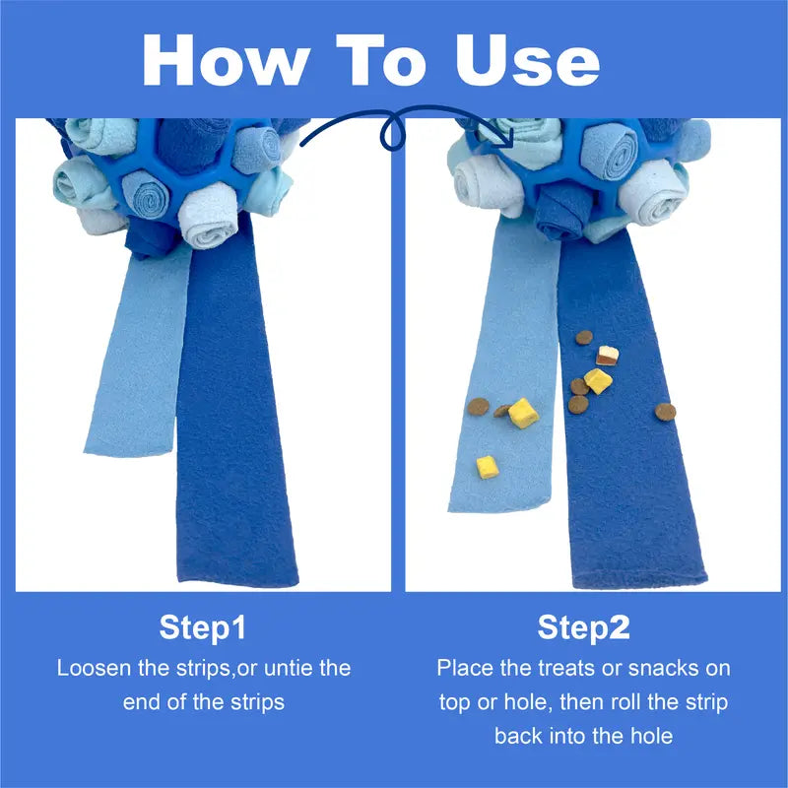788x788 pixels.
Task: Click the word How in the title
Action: coord(225,60)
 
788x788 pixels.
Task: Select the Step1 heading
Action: coord(203,627)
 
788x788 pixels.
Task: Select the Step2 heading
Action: coord(583,627)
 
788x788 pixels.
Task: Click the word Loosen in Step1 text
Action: coord(96,668)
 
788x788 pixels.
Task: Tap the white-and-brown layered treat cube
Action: coord(607,356)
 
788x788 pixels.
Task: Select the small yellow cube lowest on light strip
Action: coord(487,466)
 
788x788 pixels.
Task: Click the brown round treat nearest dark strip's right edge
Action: coord(666,411)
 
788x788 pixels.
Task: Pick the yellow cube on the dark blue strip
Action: coord(597,380)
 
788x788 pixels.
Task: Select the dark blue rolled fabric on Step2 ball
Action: coord(558,212)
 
